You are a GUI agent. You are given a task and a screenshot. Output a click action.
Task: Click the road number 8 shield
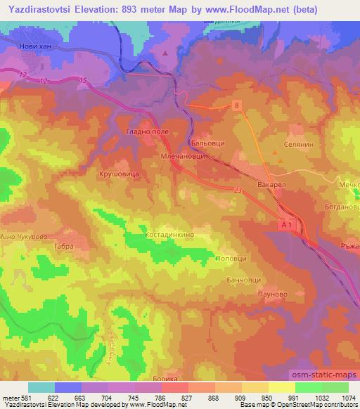click(237, 105)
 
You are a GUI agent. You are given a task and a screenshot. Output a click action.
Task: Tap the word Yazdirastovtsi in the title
click(38, 9)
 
